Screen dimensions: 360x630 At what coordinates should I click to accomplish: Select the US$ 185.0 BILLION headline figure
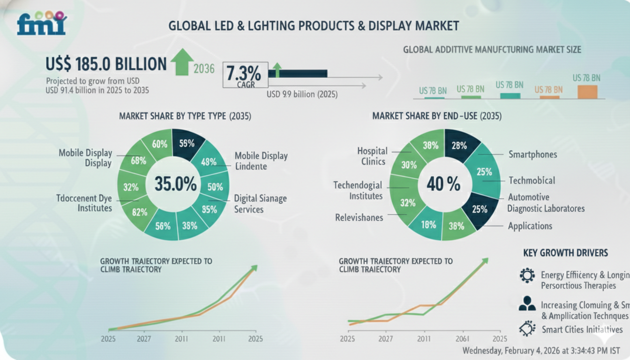point(106,64)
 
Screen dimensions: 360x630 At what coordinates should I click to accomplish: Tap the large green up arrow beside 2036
point(182,62)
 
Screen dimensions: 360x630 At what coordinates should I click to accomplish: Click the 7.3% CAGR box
point(244,75)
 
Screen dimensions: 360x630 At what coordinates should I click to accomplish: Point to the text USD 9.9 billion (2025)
point(302,94)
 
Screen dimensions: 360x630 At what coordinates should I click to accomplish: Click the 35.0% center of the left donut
point(175,184)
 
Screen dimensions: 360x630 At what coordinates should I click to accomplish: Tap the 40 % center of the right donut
point(443,185)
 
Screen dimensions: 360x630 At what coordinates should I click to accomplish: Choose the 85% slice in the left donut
point(209,210)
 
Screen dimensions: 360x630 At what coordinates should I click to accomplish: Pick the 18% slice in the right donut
point(428,225)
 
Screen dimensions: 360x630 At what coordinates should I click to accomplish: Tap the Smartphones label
point(532,154)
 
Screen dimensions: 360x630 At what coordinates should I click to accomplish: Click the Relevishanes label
point(359,217)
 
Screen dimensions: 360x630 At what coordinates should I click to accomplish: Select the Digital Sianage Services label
point(260,204)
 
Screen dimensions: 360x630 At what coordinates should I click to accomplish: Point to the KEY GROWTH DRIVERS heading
point(565,253)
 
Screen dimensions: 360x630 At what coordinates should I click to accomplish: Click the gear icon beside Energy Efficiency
point(527,275)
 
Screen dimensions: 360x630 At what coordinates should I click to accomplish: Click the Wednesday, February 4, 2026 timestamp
point(540,351)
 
